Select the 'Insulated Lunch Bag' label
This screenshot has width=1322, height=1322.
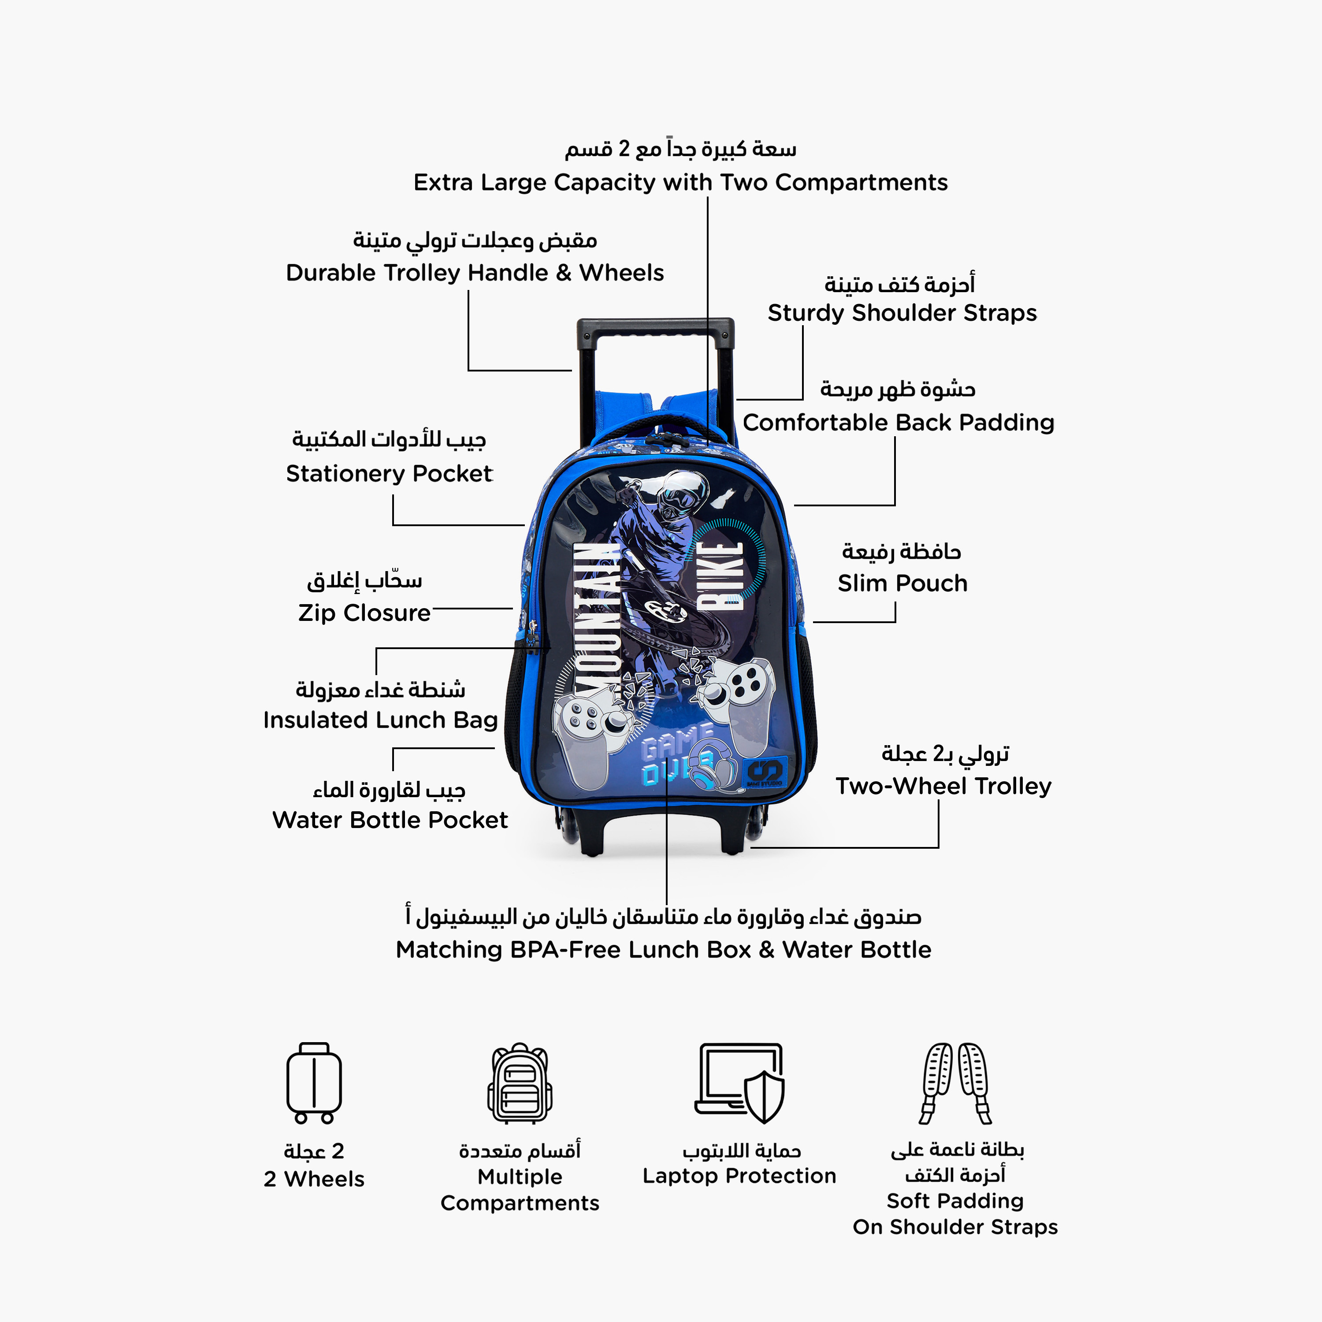click(x=380, y=720)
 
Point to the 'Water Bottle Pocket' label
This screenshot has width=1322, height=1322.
click(x=390, y=820)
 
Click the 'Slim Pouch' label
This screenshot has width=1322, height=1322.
click(x=902, y=583)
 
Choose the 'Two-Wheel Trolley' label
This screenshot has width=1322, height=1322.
click(x=943, y=786)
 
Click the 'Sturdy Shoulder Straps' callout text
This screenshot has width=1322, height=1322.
click(x=902, y=313)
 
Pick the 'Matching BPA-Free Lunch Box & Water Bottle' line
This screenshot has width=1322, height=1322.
click(x=664, y=950)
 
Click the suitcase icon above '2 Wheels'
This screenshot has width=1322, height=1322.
click(x=314, y=1083)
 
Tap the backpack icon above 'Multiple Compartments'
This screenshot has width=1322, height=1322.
click(x=520, y=1083)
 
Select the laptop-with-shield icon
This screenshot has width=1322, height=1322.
click(x=739, y=1083)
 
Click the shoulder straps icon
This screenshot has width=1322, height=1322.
click(x=955, y=1083)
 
